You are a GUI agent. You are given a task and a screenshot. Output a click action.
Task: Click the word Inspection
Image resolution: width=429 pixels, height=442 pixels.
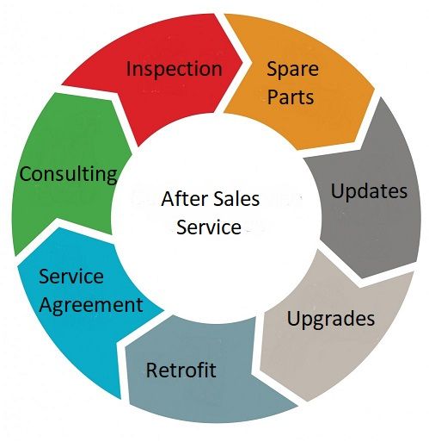175,70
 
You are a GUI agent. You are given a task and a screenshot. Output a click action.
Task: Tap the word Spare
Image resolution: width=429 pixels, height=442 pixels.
292,70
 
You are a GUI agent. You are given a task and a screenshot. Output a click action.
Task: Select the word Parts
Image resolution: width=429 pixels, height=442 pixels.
291,97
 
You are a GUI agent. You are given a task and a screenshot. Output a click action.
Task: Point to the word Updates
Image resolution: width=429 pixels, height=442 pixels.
369,192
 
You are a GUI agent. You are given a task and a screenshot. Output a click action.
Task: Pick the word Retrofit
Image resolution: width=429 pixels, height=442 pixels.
181,370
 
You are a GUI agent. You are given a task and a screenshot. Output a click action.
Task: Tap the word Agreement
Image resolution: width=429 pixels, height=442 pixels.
91,306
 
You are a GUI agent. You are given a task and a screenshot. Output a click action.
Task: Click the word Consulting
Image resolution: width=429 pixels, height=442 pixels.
69,175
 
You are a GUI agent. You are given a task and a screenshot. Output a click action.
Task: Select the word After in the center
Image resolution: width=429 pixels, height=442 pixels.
182,199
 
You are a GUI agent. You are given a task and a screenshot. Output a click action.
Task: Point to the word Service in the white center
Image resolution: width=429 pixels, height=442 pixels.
209,227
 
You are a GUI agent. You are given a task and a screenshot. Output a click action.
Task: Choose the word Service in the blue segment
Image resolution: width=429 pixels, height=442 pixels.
71,277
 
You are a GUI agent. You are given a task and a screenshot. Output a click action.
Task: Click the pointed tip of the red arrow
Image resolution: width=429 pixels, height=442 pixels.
242,61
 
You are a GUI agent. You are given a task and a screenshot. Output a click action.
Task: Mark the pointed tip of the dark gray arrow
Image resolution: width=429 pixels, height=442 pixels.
362,278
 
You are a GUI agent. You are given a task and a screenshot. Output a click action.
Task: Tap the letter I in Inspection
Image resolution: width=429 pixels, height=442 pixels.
128,69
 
